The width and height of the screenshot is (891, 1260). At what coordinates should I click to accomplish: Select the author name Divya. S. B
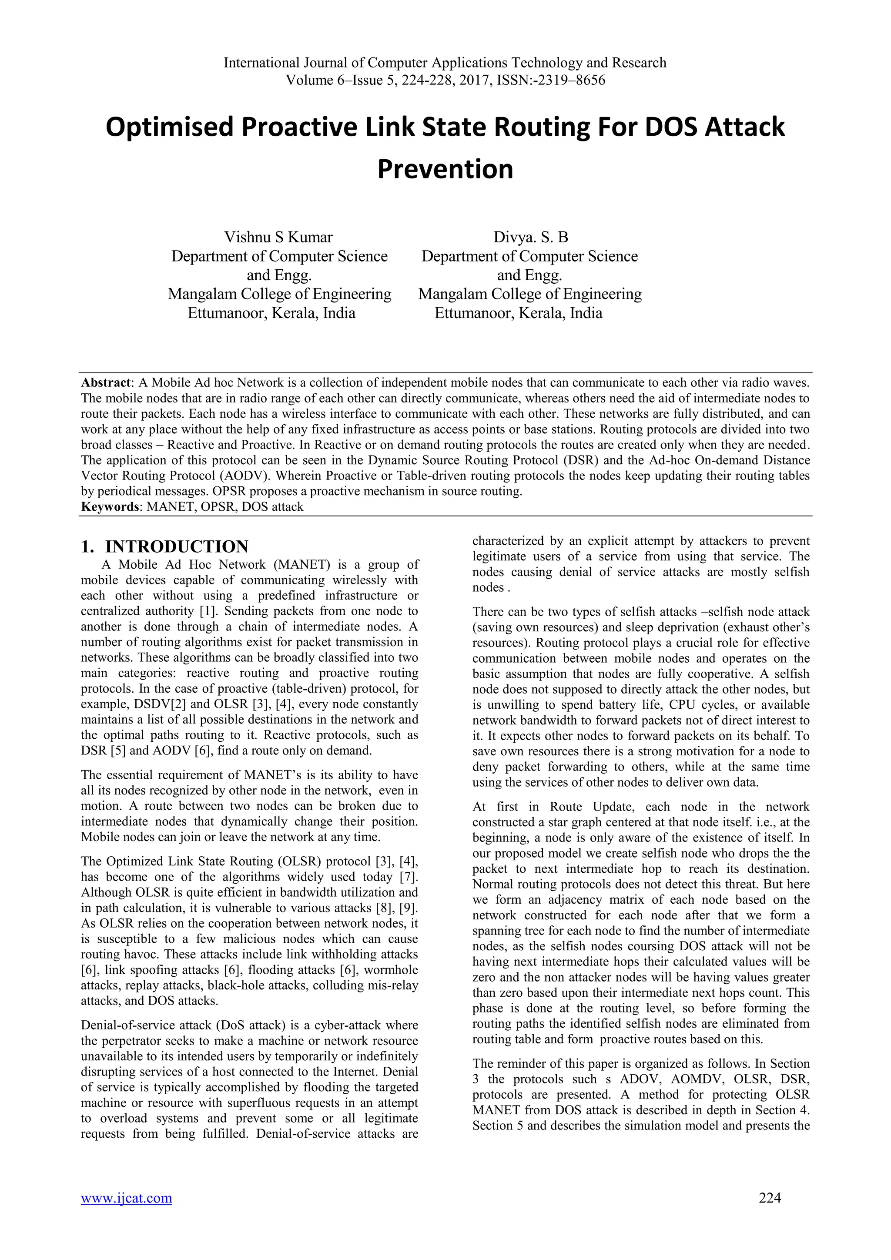(530, 237)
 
